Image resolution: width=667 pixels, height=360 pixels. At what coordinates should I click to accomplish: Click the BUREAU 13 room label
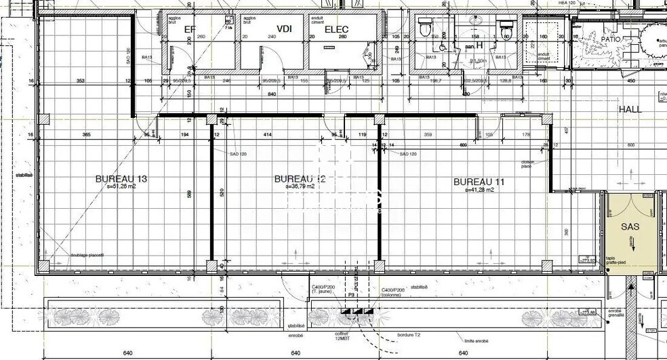(121, 179)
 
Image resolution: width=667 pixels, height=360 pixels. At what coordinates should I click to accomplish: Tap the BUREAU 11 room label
(479, 182)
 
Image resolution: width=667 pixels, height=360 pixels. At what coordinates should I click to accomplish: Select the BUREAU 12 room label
(300, 179)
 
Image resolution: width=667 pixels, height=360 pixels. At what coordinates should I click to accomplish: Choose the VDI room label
(284, 28)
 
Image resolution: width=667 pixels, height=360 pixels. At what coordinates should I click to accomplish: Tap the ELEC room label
(337, 29)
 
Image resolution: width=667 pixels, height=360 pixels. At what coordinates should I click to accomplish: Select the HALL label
(630, 108)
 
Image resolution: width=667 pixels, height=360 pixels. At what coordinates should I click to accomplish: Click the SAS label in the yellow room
(630, 226)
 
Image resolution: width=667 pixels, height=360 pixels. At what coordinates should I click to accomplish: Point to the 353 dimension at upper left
(80, 81)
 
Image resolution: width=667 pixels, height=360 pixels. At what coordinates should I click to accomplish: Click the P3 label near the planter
(352, 296)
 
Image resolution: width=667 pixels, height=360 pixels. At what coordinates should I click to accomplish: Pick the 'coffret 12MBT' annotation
(340, 336)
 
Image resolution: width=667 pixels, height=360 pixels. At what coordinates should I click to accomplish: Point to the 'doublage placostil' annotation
(87, 255)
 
